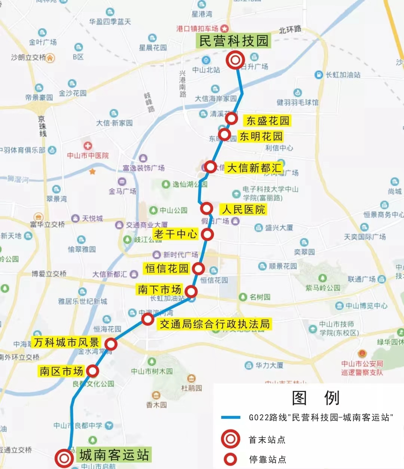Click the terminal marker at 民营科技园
click(235, 60)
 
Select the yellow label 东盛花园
click(267, 121)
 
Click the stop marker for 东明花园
click(224, 134)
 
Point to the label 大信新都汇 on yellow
click(254, 168)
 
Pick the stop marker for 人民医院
click(206, 208)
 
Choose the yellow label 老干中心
click(175, 234)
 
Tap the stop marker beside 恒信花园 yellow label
click(198, 268)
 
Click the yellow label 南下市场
click(160, 289)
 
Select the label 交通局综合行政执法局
click(215, 324)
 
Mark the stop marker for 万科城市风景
click(111, 344)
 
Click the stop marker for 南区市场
click(92, 371)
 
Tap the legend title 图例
click(315, 398)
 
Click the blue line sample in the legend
click(230, 417)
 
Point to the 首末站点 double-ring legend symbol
click(230, 439)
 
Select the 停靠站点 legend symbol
click(230, 459)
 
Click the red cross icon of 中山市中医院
click(88, 146)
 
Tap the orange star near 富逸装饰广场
click(92, 171)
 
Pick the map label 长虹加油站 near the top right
click(343, 75)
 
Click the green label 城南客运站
click(114, 455)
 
